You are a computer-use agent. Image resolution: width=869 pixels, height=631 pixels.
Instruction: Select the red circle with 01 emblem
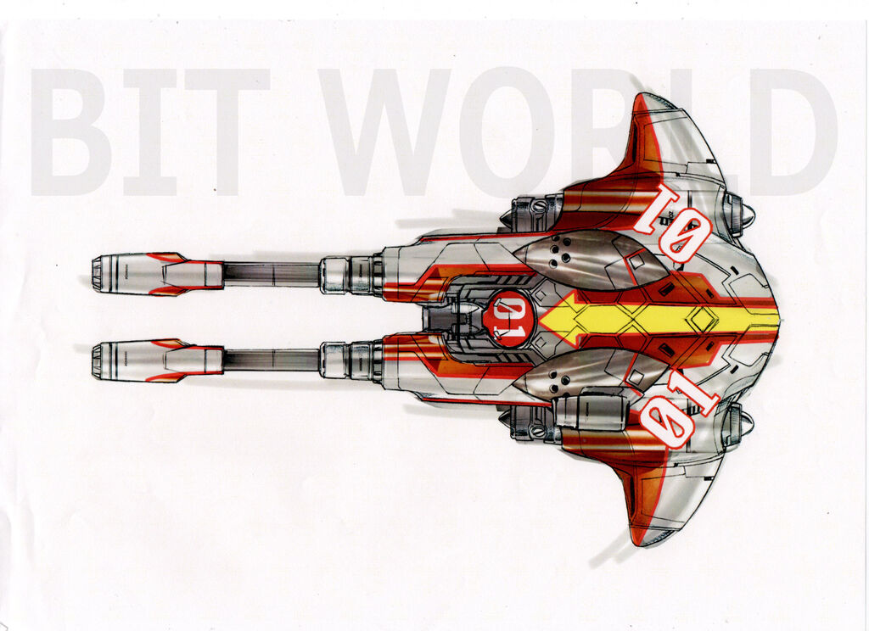508,319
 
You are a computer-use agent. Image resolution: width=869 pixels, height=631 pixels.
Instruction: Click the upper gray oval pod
586,259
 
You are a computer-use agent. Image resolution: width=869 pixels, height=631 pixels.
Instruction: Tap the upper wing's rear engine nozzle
737,214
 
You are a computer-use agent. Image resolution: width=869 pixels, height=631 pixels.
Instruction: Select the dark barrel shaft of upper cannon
271,274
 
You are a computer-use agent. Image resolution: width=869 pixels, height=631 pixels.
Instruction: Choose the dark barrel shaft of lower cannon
271,360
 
